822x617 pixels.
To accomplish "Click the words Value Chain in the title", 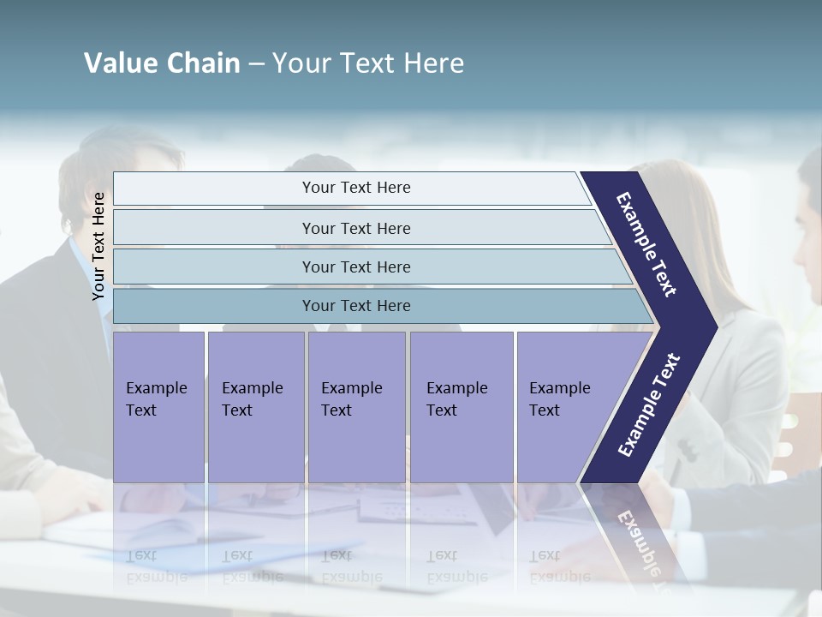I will pos(162,63).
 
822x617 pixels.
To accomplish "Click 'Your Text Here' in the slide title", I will pos(368,63).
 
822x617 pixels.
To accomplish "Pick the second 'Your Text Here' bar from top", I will pos(356,228).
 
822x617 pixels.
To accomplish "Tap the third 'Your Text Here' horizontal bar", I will pos(356,267).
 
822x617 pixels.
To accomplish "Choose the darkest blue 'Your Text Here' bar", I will pos(356,306).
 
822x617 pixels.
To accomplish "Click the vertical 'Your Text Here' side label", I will pos(98,246).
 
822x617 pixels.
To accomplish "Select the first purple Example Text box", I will pos(158,407).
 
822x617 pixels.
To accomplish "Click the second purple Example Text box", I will pos(255,407).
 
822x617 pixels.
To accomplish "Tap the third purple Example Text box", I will pos(356,407).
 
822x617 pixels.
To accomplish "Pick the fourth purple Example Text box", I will pos(461,407).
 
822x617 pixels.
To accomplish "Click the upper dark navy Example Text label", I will pos(647,244).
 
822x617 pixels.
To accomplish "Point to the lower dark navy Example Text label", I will pos(648,405).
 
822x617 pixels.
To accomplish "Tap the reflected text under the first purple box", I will pos(157,566).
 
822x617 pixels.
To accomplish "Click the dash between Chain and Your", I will pos(256,64).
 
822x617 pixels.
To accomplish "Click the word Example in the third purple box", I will pos(351,388).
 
